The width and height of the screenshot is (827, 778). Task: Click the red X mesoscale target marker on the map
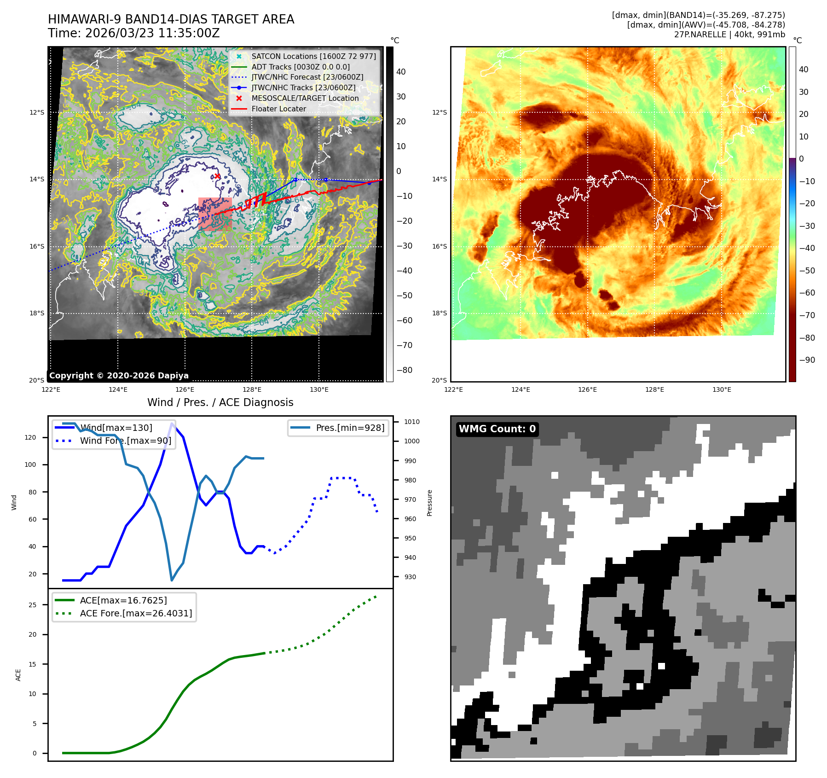218,176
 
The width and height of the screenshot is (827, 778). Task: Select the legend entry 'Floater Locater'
278,109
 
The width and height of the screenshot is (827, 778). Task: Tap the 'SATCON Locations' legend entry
313,57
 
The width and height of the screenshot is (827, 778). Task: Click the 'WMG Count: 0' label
497,429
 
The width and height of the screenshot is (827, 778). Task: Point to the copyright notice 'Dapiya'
119,376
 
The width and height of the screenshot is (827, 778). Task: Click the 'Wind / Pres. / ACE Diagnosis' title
220,402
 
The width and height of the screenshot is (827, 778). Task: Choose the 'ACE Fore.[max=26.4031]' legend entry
136,613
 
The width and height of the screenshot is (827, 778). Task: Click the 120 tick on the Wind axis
30,437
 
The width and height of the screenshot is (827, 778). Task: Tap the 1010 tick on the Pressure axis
412,422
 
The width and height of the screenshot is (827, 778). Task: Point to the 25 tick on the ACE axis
32,605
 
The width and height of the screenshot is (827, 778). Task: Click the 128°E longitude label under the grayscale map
252,390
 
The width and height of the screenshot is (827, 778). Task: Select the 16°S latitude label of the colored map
439,247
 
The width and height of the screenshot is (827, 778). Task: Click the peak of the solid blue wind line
172,424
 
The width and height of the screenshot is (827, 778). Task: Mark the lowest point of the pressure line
172,580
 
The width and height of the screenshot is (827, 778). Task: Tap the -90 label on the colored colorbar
807,360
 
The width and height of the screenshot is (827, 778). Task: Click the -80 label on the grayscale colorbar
405,370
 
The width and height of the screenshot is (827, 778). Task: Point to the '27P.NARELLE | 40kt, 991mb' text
729,35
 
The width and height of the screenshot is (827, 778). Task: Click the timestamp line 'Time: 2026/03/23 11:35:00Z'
133,34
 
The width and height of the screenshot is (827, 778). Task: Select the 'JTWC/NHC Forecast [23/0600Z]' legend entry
307,77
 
